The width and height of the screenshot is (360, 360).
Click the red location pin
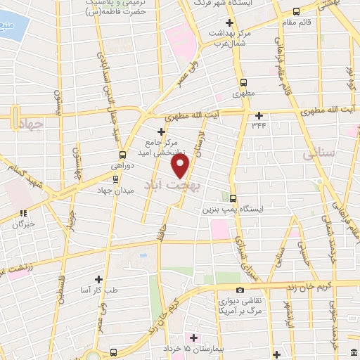click(x=181, y=166)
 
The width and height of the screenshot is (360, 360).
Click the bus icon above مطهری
click(x=243, y=82)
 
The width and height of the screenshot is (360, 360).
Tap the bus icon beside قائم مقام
click(x=296, y=11)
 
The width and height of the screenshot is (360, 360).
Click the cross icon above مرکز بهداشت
click(x=230, y=23)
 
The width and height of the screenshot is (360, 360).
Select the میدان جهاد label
click(x=121, y=190)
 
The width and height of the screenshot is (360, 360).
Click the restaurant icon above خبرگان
click(x=23, y=213)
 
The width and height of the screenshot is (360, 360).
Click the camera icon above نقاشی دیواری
click(x=240, y=290)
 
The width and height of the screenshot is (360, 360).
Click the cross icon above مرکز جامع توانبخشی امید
click(x=162, y=131)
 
